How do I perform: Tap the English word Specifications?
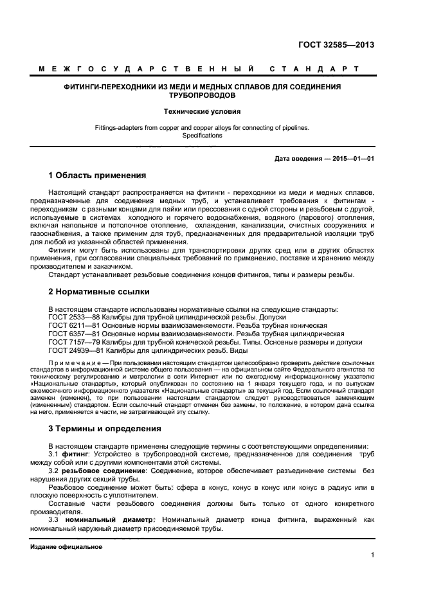coord(203,136)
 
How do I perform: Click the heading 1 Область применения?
coord(97,175)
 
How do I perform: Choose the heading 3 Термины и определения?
coord(105,429)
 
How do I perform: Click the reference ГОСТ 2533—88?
coord(73,318)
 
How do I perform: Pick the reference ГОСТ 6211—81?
coord(73,326)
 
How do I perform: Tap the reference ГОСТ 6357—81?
coord(73,334)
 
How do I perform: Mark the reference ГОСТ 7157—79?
coord(73,343)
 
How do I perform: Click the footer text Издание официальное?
coord(66,547)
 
